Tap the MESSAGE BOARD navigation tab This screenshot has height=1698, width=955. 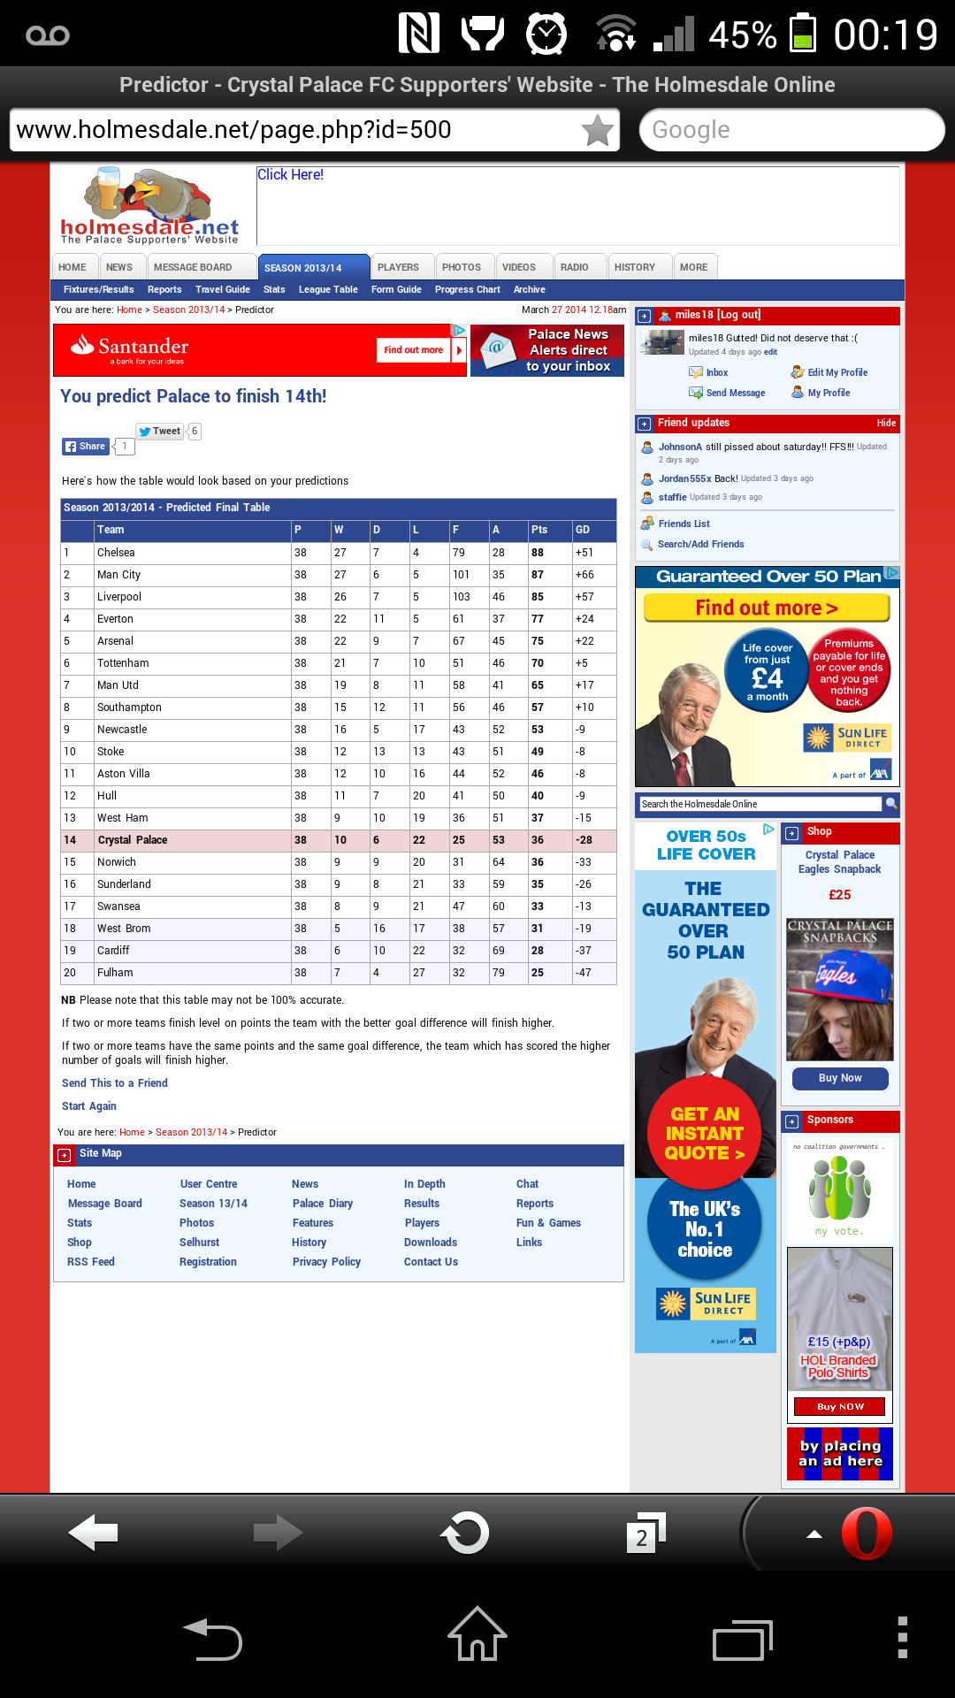point(193,267)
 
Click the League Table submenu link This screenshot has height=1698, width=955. point(328,290)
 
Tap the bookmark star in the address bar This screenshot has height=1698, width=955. point(598,131)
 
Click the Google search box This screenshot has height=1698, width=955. point(791,130)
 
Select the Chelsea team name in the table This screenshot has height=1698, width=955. point(116,553)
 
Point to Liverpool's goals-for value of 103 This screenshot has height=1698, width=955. point(462,597)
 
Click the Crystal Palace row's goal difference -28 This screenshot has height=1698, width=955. point(584,840)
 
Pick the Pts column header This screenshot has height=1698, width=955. point(539,530)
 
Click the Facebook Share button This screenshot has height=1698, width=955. point(86,447)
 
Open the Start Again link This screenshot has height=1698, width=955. point(89,1106)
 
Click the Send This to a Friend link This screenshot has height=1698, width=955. point(115,1083)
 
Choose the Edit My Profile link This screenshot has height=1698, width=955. point(837,373)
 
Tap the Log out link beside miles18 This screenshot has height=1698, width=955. point(739,315)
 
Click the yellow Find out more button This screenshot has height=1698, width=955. point(767,608)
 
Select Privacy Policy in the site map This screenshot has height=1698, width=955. point(326,1262)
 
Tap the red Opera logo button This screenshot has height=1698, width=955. point(866,1534)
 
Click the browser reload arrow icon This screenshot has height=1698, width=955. point(465,1534)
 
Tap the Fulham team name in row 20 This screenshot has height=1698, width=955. point(115,973)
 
